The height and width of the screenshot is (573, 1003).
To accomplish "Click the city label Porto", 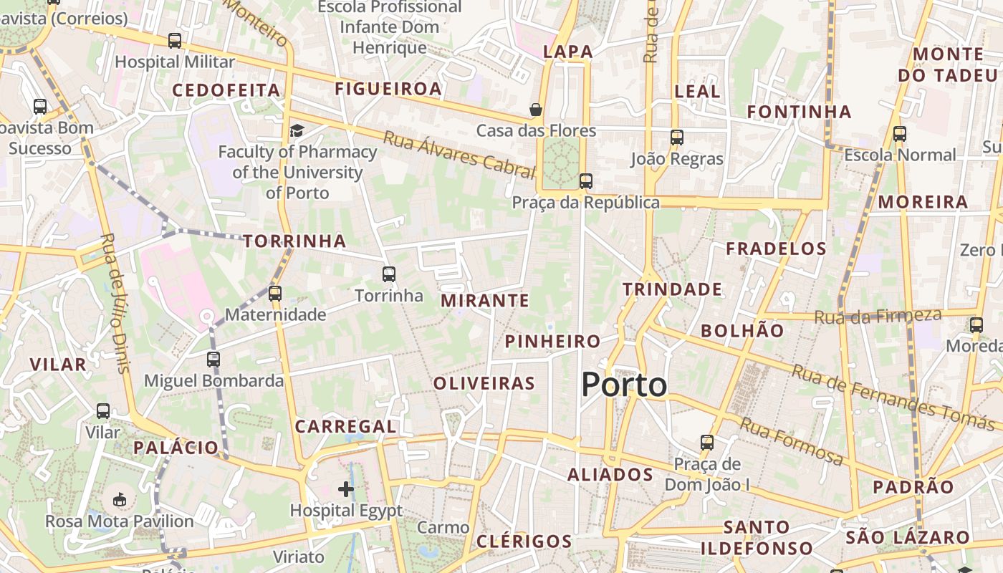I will tap(624, 385).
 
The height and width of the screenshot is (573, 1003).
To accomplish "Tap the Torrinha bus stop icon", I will tap(389, 274).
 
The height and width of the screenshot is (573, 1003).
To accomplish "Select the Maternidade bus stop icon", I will tap(275, 293).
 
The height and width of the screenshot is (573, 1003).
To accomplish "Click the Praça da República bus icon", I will tap(586, 180).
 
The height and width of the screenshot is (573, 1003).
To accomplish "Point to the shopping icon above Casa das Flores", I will tap(535, 110).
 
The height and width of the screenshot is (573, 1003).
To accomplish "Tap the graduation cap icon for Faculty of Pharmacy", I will tap(297, 130).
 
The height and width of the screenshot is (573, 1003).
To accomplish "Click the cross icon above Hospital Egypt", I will tap(346, 489).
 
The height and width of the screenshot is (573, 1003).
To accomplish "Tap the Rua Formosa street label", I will tap(791, 440).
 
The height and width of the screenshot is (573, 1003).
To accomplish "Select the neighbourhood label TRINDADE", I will tap(672, 289).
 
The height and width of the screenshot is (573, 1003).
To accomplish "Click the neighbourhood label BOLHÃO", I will tap(742, 330).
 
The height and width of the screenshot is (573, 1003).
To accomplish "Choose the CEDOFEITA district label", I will tap(226, 90).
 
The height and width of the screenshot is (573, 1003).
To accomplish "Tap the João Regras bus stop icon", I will tap(677, 137).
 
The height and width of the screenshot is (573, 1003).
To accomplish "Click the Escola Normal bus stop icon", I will tap(900, 133).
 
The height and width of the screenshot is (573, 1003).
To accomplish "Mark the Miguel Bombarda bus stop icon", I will tap(213, 359).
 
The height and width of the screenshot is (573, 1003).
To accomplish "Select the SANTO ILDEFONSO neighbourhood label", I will tap(757, 538).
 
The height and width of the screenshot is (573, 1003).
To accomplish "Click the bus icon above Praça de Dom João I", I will tap(707, 442).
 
